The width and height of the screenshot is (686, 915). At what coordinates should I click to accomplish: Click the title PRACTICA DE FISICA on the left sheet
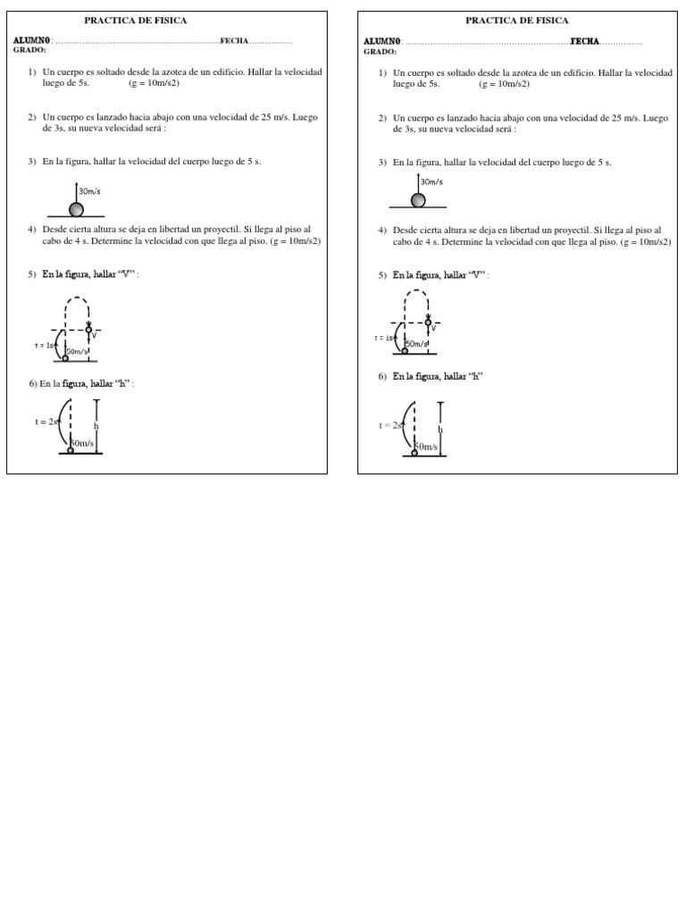coord(136,20)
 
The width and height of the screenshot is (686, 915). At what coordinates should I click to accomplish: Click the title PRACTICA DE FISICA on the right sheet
coord(517,20)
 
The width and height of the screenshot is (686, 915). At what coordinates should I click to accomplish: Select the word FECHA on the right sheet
coord(585,41)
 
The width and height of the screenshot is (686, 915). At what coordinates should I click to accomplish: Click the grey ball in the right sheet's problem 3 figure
coord(418,200)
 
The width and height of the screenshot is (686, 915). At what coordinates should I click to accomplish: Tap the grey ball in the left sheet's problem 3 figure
coord(77,209)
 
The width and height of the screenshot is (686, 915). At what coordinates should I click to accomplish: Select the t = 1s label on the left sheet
coord(45,345)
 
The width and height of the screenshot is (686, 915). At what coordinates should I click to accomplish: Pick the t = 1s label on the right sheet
coord(384,338)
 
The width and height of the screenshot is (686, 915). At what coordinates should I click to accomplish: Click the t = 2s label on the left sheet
coord(46,422)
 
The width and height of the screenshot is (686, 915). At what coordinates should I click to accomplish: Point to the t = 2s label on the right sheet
coord(390,425)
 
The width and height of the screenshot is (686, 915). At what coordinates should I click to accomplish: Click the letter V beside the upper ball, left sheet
coord(95,336)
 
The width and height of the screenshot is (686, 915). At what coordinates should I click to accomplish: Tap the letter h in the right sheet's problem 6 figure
coord(440,430)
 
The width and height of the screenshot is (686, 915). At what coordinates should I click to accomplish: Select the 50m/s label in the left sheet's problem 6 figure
coord(83,442)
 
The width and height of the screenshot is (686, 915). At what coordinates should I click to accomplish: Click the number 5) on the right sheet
coord(382,275)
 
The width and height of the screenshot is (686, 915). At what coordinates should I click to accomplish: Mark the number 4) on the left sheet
coord(32,230)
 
